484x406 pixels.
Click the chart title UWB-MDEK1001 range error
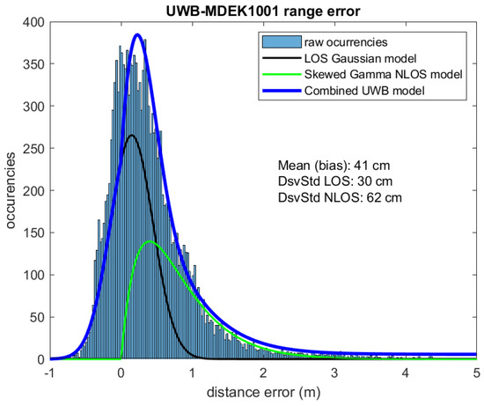coord(265,11)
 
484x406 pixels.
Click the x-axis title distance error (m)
coord(265,395)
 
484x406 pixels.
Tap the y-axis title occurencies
coord(11,193)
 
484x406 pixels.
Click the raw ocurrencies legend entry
coord(346,42)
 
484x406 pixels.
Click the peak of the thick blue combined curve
coord(138,35)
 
